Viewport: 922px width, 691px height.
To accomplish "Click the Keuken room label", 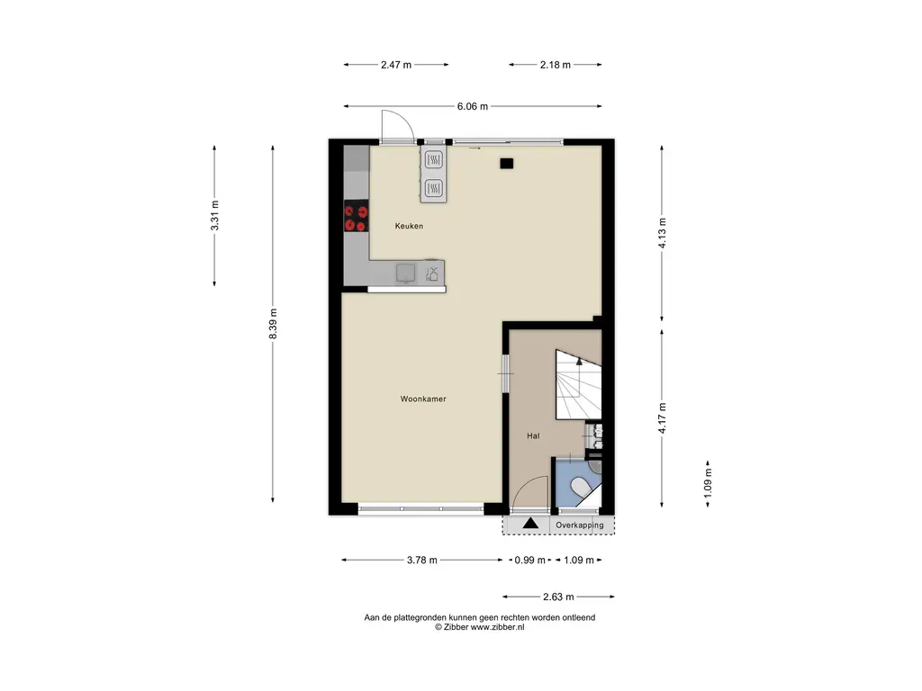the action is click(409, 226).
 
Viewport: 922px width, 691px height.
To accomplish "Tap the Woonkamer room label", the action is click(423, 399).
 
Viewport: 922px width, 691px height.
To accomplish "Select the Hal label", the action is click(533, 436).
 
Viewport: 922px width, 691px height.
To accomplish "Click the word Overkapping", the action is click(580, 525).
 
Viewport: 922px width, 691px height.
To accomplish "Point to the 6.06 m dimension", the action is click(473, 106).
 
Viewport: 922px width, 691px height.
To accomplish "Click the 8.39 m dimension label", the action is click(273, 324).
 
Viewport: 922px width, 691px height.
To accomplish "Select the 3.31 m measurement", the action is click(214, 216).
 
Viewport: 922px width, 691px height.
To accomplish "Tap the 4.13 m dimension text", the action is click(662, 233).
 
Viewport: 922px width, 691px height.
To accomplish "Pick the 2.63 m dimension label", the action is click(558, 597).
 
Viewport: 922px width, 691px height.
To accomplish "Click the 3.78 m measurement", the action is click(422, 560).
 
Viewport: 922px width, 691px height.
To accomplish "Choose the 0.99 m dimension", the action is click(529, 560).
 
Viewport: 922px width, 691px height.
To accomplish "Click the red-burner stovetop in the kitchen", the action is click(357, 216).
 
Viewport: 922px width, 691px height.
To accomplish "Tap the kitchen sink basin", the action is click(406, 274).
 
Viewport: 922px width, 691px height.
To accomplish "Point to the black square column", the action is click(507, 164).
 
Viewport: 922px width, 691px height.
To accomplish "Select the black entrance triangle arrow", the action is click(530, 523).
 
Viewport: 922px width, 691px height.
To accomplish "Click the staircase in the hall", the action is click(579, 384).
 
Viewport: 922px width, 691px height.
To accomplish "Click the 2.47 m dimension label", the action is click(396, 65).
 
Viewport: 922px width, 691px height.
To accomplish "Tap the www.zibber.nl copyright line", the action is click(480, 627).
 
